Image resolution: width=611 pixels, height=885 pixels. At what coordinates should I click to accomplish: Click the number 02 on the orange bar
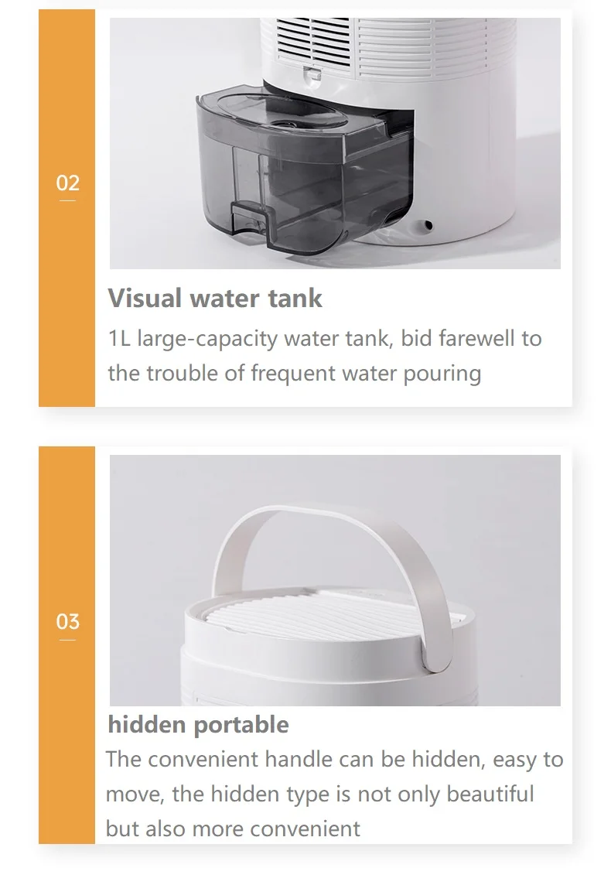point(68,183)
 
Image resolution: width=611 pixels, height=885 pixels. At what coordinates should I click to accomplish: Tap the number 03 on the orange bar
point(68,621)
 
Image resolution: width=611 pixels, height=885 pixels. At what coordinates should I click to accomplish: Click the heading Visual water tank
point(215,298)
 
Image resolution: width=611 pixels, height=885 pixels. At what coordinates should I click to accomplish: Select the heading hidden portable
point(198,724)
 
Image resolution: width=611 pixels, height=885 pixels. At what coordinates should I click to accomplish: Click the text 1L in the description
point(119,339)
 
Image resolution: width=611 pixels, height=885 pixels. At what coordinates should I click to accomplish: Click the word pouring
point(442,374)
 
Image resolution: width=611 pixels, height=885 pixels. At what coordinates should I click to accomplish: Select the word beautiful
point(490,794)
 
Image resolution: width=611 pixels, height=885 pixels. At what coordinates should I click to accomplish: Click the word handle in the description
point(299,759)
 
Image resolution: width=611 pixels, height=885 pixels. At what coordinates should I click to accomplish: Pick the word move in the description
point(135,794)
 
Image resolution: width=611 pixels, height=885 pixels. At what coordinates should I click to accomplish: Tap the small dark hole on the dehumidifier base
point(428,226)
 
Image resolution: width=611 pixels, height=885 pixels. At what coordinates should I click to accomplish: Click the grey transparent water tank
point(305,173)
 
